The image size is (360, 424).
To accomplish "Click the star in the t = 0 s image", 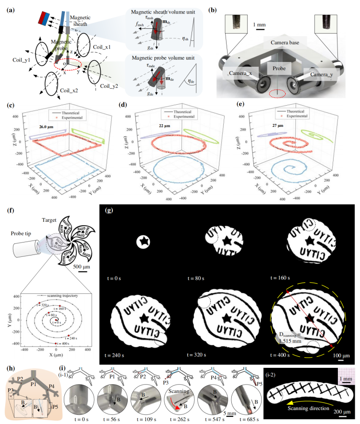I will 143,242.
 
